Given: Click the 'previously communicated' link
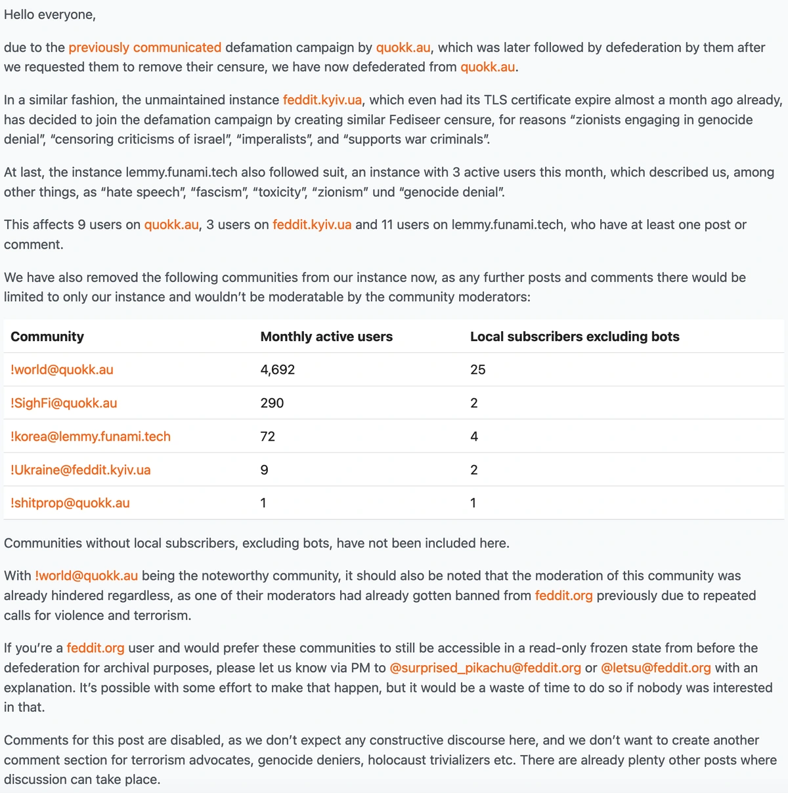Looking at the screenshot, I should [144, 48].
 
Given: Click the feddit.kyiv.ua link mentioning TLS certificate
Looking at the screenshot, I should [322, 100].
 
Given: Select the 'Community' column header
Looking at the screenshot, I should [47, 336].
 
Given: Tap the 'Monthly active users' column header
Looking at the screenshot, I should [326, 336].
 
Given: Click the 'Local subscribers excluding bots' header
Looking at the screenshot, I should [575, 336].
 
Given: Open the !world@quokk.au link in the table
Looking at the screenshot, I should [62, 370].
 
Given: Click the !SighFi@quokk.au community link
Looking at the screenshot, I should [64, 403].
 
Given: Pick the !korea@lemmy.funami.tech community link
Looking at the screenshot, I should [91, 437].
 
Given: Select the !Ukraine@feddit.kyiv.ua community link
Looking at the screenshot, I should [81, 470].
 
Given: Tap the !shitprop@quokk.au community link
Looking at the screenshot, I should [70, 503].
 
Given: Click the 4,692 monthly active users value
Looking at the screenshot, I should [278, 370].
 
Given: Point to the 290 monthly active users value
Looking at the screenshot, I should [272, 403].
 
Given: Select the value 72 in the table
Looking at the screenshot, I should [268, 437].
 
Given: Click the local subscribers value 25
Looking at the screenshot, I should [478, 370].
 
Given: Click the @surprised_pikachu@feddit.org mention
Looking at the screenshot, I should [485, 668].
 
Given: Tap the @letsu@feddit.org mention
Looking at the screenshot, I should [655, 668].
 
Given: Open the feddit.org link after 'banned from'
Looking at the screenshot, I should [563, 596].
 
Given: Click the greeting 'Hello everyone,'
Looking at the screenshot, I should [50, 15].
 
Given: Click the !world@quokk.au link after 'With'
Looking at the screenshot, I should [87, 576].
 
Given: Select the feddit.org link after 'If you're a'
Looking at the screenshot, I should [95, 649].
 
